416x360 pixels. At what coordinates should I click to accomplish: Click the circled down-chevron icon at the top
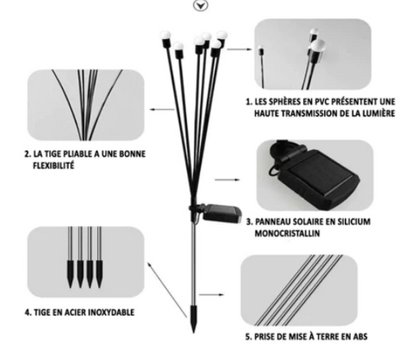[x=200, y=5]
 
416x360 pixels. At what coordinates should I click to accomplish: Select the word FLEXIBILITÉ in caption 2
[x=54, y=166]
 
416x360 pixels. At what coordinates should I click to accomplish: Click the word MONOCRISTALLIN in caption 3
[x=287, y=233]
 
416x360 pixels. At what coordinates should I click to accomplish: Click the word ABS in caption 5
[x=360, y=337]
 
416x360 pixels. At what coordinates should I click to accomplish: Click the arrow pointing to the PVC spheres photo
[x=239, y=49]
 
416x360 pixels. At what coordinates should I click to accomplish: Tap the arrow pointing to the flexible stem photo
[x=162, y=109]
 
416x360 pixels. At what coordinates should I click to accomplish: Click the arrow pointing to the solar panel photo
[x=227, y=180]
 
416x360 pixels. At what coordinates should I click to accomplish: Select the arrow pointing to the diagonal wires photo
[x=211, y=295]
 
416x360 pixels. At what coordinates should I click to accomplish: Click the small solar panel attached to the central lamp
[x=222, y=213]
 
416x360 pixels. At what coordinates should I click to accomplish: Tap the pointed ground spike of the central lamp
[x=193, y=318]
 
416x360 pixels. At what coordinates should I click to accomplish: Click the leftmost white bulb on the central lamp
[x=166, y=36]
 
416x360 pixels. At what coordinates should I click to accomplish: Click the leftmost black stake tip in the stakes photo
[x=70, y=273]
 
